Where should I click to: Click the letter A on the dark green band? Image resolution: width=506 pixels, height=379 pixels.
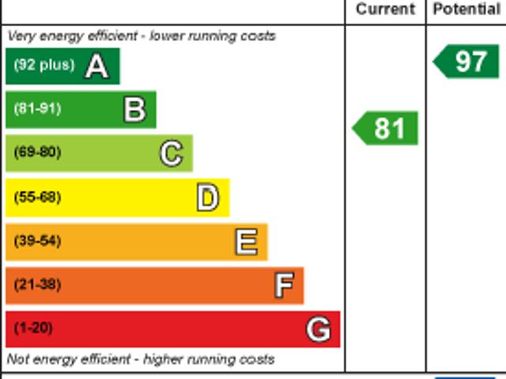[96, 66]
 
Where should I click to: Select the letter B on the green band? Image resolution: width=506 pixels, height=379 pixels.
[134, 109]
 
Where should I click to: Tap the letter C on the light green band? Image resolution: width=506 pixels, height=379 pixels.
[171, 153]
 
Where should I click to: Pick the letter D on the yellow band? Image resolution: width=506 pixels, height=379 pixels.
[207, 198]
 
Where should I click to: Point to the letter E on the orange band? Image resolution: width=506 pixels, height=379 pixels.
[246, 241]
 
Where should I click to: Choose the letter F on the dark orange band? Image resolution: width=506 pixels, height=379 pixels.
[284, 285]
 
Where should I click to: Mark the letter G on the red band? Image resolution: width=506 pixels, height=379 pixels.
[318, 328]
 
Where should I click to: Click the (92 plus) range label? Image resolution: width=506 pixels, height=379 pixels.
[43, 65]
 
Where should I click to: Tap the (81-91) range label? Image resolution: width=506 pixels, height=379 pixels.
[37, 108]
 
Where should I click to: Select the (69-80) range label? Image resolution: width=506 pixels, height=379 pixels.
[37, 152]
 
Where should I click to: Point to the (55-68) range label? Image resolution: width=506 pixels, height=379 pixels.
[37, 197]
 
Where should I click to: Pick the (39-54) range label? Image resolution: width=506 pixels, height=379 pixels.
[37, 241]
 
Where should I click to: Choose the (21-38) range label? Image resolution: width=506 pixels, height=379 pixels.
[37, 284]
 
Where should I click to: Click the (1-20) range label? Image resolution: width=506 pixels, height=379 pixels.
[33, 328]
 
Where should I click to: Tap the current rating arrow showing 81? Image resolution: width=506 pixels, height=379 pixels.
[385, 128]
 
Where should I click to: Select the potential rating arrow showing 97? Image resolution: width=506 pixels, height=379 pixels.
[467, 62]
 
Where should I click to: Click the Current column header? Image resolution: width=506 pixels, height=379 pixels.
[385, 9]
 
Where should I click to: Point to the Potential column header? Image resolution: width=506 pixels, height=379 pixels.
[466, 9]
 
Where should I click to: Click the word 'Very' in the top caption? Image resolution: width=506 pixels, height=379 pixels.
[21, 36]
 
